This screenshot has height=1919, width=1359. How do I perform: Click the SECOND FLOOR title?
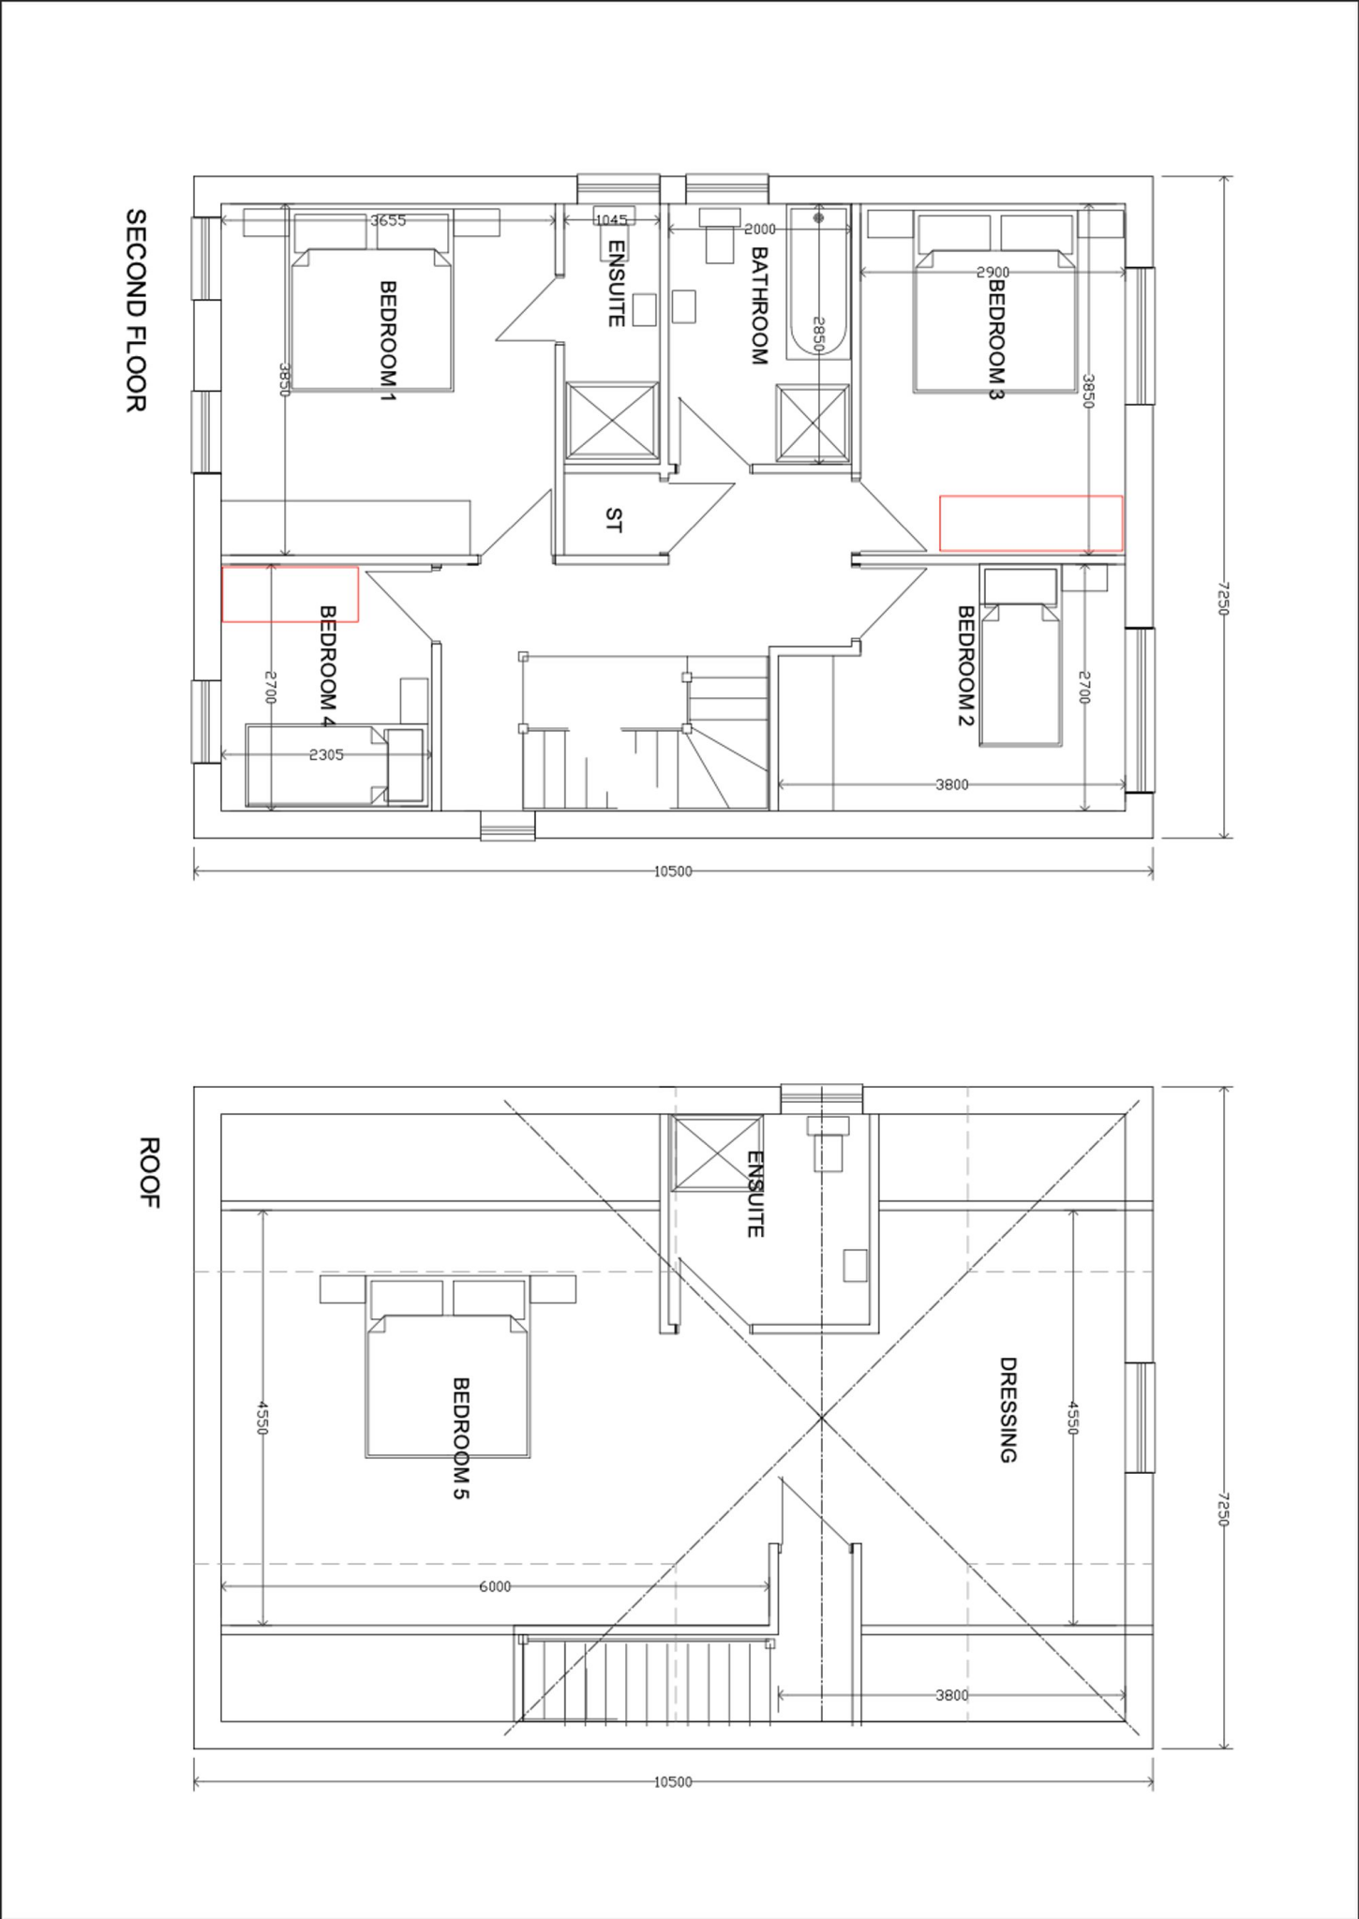[136, 310]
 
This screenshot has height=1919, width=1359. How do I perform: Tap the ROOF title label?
[149, 1172]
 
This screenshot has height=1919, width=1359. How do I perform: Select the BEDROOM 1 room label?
[387, 335]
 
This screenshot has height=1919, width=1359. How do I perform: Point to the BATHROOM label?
[759, 305]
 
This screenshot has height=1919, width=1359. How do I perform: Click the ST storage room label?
[613, 520]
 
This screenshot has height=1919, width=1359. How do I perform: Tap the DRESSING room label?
[1008, 1409]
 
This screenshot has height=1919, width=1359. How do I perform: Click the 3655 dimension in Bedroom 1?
[388, 221]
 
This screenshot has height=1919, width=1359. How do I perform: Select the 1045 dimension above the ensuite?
[611, 220]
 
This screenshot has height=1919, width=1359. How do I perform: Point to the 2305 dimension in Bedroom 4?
[326, 754]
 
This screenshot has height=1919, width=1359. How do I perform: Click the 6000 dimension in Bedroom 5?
[495, 1586]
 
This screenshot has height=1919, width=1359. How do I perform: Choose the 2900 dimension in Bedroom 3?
[993, 272]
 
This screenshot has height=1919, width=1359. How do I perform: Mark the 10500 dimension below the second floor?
[672, 871]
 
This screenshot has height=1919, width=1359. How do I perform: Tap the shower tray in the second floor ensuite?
[611, 421]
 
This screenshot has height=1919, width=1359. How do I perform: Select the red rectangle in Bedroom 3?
[1031, 523]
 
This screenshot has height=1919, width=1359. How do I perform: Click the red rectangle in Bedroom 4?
[290, 594]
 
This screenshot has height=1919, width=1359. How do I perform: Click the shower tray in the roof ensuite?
[717, 1153]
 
